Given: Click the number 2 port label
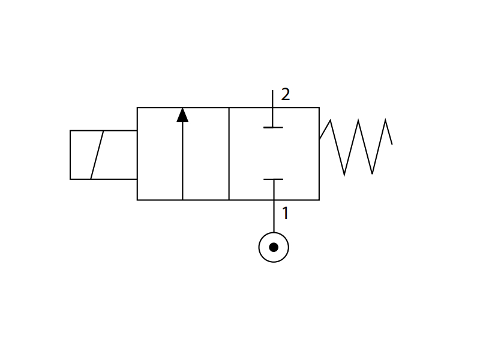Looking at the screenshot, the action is pos(286,94).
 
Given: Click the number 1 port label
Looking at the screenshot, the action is pos(286,213).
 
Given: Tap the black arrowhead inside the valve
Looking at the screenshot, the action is pos(182,115).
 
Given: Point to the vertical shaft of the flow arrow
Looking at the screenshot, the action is pos(182,161).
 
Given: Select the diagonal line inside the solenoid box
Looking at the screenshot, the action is pos(97,155).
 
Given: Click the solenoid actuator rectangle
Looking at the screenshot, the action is pos(70,155).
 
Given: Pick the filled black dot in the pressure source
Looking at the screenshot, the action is pos(274,247).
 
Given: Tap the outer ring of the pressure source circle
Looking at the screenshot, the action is pos(259,247).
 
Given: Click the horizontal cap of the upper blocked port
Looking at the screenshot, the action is pos(273,127).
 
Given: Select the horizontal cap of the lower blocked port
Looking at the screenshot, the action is pos(274,179).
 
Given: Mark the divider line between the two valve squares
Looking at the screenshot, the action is pos(229,154).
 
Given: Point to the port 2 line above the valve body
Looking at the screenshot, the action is pos(273,98).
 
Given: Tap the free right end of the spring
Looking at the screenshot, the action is pos(392,144).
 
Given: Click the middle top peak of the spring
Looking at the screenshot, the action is pos(358,120).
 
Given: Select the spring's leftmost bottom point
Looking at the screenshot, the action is pos(344,175).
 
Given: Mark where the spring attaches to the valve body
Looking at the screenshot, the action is pos(320,139).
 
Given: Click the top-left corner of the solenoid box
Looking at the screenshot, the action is pos(70,131).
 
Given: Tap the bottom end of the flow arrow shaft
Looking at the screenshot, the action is pos(182,200).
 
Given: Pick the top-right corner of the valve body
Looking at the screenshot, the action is pos(319,107).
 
